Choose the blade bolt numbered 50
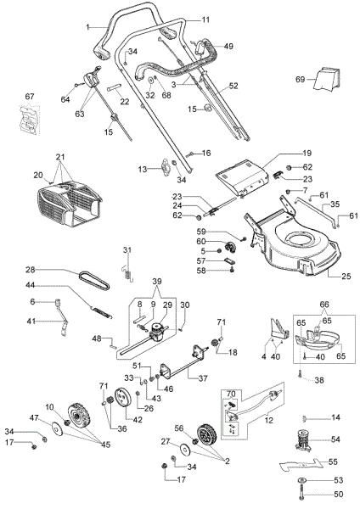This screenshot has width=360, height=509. coord(302,495)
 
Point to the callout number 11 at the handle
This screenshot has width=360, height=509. coord(205,19)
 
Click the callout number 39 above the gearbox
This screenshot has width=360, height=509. coord(155,281)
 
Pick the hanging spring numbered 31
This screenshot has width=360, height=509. coord(126,266)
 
